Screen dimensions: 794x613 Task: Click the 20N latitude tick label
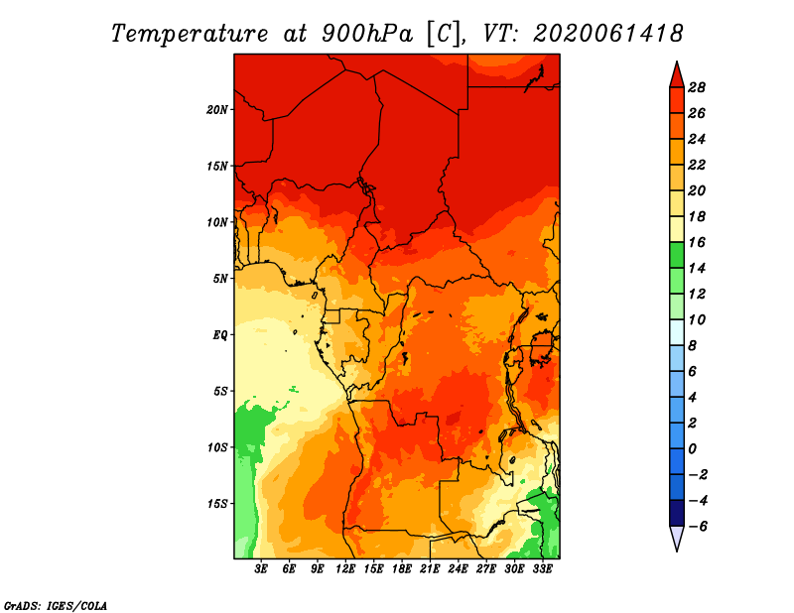[217, 109]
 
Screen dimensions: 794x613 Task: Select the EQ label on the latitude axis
[220, 334]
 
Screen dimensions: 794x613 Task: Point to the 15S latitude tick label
[217, 504]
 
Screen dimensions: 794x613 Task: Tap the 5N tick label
[220, 279]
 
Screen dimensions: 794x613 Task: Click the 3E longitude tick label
[261, 568]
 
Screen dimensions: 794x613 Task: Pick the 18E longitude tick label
[402, 568]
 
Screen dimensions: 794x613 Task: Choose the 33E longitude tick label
[542, 568]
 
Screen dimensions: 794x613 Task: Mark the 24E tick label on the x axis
[458, 568]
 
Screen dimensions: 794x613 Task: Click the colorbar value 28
[697, 87]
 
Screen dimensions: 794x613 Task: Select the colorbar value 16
[697, 242]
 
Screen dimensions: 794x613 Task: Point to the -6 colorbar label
[698, 527]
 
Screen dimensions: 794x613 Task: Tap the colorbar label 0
[692, 449]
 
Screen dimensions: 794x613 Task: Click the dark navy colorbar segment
[677, 513]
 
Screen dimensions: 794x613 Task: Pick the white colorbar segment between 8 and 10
[677, 332]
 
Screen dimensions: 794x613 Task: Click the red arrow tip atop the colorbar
[677, 61]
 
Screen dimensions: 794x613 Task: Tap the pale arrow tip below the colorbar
[677, 551]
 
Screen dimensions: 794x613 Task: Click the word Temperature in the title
[190, 34]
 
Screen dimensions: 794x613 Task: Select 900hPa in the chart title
[366, 34]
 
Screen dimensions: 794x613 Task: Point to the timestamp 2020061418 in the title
[608, 34]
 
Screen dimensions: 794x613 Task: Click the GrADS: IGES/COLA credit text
[56, 606]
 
